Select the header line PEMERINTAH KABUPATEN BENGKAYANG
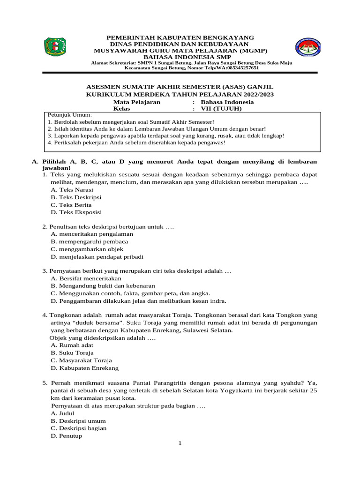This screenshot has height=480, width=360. point(180,37)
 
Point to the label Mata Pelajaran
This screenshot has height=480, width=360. point(137,102)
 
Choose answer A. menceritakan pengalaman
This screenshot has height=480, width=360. point(92,234)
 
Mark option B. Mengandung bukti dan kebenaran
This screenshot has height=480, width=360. point(103,286)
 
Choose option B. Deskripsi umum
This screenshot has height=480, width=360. point(78,420)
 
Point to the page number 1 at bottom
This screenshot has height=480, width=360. point(180,444)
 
